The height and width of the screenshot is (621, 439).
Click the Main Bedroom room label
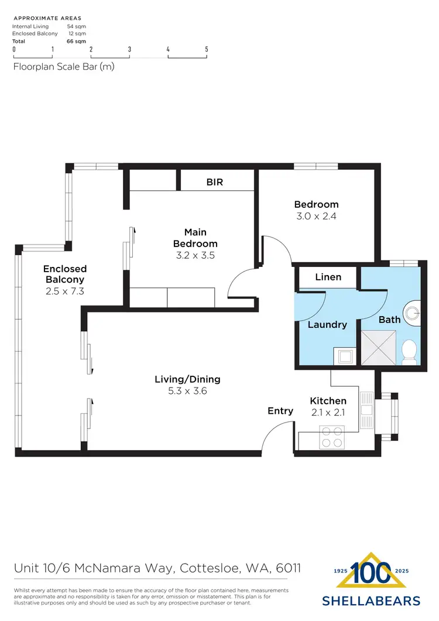coord(196,238)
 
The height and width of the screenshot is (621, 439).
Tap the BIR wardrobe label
coord(215,182)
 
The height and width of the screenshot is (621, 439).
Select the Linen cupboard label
coord(328,277)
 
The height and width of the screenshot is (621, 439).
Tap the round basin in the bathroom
coord(413,312)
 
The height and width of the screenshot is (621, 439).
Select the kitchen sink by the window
coord(367,411)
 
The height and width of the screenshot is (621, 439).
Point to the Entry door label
coord(280,411)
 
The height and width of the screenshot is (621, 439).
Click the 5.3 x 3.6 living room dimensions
coord(187,392)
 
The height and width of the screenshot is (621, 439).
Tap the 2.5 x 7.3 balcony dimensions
coord(65,291)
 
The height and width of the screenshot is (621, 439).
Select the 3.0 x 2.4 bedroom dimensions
coord(316,216)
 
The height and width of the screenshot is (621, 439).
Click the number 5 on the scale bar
coord(207,50)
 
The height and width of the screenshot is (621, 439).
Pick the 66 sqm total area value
coord(76,41)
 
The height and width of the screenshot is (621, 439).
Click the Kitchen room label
coord(328,401)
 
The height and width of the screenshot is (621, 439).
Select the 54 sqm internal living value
coord(76,26)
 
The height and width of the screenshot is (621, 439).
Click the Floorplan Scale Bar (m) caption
coord(63,66)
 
